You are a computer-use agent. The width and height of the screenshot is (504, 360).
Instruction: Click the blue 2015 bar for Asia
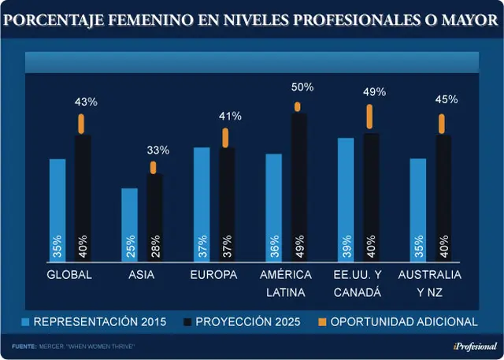[x=129, y=225]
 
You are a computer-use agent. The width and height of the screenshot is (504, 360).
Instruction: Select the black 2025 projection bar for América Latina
[x=299, y=187]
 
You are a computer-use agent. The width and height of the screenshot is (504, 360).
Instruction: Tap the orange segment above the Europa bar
[x=225, y=138]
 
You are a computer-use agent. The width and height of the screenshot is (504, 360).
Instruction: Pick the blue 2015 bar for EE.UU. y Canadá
[x=346, y=200]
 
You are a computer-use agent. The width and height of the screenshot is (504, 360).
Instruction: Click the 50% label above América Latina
[x=302, y=87]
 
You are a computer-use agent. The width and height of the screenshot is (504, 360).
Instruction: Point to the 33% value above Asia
[x=158, y=150]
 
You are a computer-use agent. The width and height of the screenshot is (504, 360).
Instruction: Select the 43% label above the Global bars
[x=86, y=102]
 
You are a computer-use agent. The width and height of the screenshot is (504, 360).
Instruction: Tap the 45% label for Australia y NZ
[x=447, y=99]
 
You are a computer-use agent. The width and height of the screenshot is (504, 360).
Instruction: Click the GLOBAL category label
[x=69, y=275]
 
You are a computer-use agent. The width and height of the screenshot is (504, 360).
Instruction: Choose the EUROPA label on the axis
[x=213, y=275]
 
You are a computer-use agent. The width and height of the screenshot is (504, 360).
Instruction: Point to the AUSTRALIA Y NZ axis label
[x=430, y=284]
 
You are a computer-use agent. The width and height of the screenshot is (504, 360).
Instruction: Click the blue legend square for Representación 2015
[x=25, y=322]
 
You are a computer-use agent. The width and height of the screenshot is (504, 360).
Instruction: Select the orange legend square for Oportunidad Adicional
[x=322, y=322]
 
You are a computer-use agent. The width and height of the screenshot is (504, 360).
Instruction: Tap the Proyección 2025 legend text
[x=248, y=321]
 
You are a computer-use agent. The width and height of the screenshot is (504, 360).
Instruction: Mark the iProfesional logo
[x=475, y=347]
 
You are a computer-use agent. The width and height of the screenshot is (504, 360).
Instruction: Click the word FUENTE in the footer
[x=24, y=347]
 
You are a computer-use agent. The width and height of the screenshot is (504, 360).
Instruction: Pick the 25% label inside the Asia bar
[x=130, y=247]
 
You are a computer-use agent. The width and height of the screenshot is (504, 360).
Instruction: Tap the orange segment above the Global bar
[x=81, y=124]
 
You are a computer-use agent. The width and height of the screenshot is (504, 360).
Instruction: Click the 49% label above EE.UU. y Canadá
[x=375, y=92]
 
